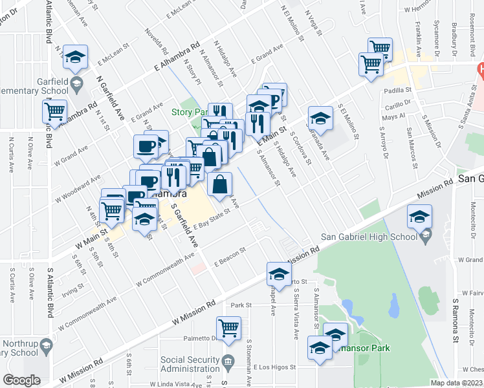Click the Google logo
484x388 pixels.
(21, 380)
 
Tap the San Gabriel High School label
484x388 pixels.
(377, 237)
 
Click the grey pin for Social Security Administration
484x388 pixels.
(228, 360)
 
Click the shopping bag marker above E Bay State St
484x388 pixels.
(221, 184)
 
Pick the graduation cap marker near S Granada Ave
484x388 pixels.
(320, 118)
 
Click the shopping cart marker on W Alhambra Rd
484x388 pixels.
(55, 111)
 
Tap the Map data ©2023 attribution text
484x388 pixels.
(456, 383)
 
